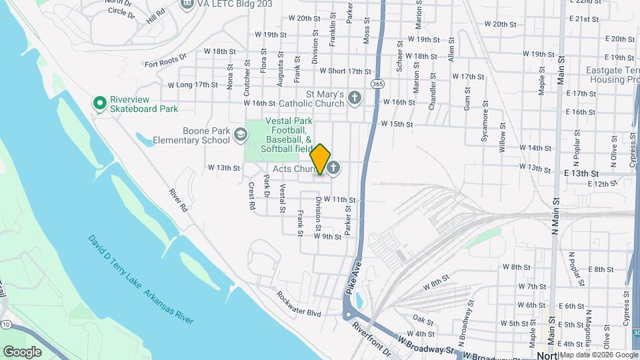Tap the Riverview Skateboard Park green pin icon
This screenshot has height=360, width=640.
click(100, 103)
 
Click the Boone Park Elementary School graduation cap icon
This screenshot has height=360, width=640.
click(239, 136)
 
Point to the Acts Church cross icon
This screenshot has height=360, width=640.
click(333, 168)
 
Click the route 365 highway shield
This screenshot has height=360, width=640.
click(378, 85)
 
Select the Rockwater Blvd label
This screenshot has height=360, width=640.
click(299, 303)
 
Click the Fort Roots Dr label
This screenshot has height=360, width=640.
click(165, 63)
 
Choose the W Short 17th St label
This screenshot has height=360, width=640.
click(345, 71)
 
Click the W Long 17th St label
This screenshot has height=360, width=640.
click(193, 85)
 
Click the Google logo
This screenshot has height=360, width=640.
click(22, 351)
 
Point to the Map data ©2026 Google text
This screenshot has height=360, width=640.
click(598, 355)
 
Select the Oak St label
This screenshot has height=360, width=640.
click(419, 318)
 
